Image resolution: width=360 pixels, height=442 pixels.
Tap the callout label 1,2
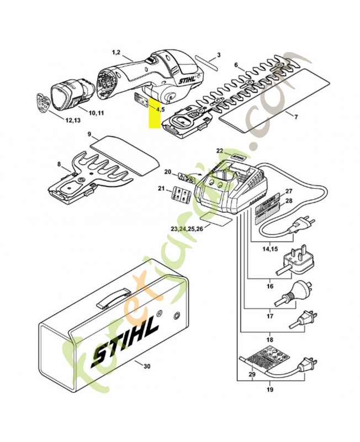pos(117,52)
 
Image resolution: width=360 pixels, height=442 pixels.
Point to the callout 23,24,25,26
pos(187,228)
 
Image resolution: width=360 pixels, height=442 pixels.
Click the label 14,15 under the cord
pos(270,249)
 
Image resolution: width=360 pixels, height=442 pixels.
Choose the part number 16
pos(271,286)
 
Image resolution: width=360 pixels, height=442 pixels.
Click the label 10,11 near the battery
pos(96,113)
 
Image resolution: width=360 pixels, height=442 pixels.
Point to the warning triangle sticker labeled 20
pos(185,178)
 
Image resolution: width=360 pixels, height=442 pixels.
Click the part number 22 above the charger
pos(219,150)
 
